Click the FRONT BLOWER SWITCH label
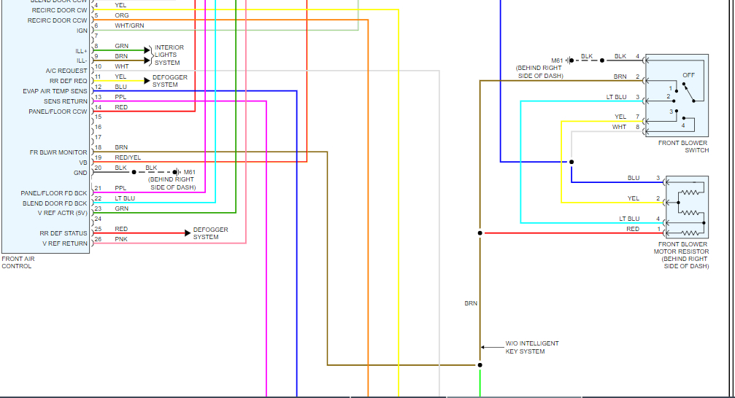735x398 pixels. (x=683, y=147)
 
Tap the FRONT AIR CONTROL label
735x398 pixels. (x=17, y=262)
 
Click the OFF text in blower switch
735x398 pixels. (x=688, y=75)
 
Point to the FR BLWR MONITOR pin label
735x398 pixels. (x=58, y=152)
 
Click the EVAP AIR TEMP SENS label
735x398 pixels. (x=55, y=91)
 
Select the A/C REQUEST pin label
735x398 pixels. (x=66, y=71)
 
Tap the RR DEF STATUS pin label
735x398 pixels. (x=64, y=233)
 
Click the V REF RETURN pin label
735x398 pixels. (x=65, y=243)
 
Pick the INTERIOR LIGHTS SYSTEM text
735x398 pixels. (x=169, y=55)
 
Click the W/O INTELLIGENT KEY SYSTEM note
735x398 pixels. (x=532, y=347)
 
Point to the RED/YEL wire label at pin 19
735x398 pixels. (x=128, y=157)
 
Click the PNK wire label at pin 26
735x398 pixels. (x=121, y=239)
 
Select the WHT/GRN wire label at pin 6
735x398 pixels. (x=129, y=26)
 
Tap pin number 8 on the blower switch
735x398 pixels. (x=637, y=127)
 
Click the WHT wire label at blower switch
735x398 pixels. (x=619, y=127)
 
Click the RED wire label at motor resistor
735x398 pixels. (x=632, y=229)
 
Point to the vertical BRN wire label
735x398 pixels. (x=471, y=303)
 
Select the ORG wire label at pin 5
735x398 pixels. (x=122, y=15)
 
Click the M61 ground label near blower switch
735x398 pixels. (x=557, y=61)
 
